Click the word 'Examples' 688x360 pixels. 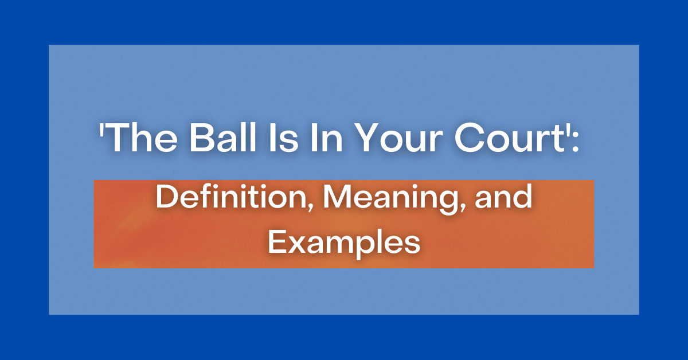[x=344, y=243]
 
